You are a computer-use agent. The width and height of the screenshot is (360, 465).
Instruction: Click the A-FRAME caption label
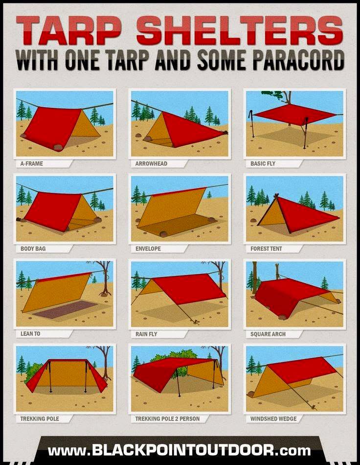pos(31,163)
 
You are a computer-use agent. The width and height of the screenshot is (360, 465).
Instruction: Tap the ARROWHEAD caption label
pos(151,163)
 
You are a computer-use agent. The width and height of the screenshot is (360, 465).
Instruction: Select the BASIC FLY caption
pos(263,163)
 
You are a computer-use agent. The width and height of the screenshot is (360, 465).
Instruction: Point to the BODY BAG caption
pos(33,248)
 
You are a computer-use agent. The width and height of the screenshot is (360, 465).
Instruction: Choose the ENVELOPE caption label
pos(148,248)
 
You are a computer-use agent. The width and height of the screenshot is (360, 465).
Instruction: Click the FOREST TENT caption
pos(266,248)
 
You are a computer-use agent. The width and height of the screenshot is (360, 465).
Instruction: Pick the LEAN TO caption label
pos(30,333)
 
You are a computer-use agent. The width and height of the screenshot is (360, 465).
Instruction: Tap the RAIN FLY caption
pos(146,334)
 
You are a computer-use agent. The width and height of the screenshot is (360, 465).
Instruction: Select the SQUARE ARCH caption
pos(268,334)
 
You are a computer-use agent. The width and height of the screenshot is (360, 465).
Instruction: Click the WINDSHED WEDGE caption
pos(273,419)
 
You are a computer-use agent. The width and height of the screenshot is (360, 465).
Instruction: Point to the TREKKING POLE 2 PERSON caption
pos(167,419)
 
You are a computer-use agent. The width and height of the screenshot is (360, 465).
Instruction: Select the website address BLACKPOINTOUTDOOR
pos(182,450)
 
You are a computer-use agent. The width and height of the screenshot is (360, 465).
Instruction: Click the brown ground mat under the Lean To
pos(65,310)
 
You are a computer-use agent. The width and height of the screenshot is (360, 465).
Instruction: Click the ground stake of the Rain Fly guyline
pos(196,321)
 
